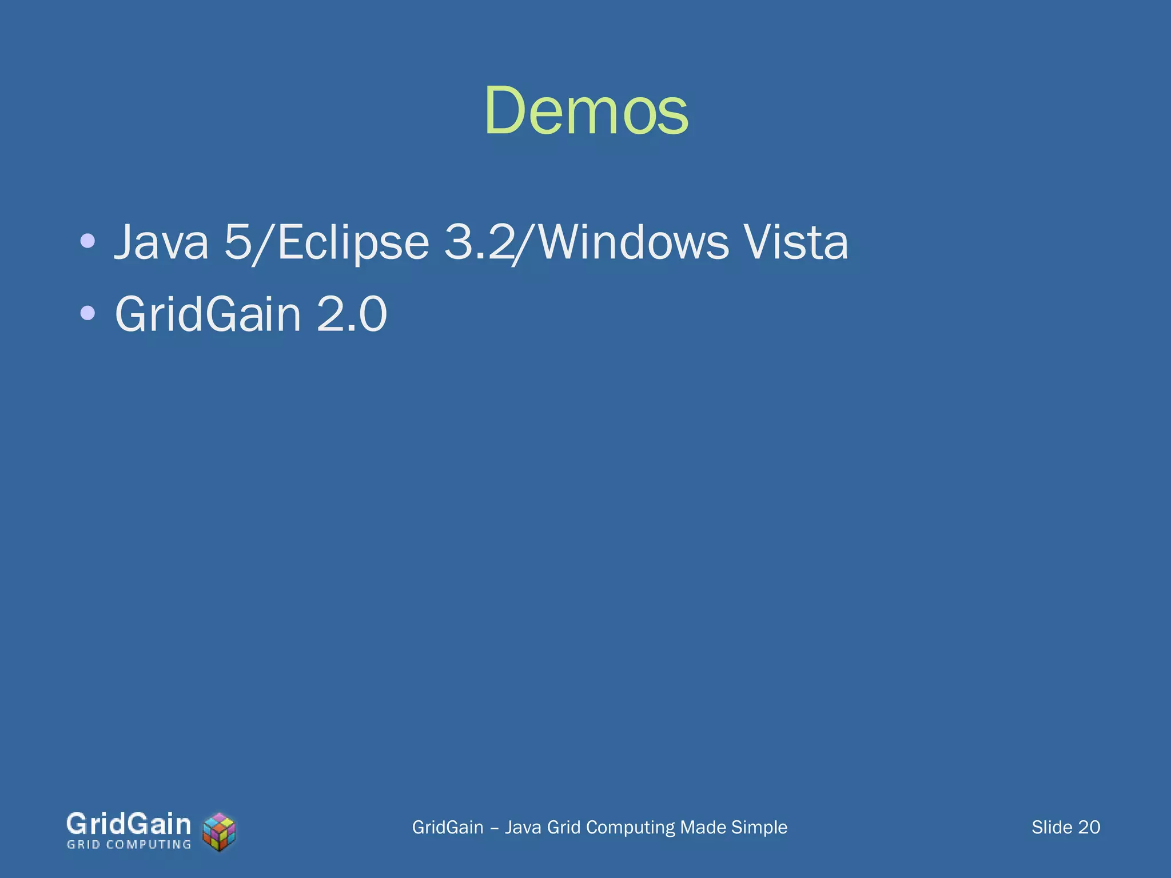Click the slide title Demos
pyautogui.click(x=586, y=111)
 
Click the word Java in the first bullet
pyautogui.click(x=162, y=242)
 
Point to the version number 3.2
pyautogui.click(x=479, y=242)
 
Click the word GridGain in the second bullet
pyautogui.click(x=208, y=314)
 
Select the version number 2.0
pyautogui.click(x=352, y=314)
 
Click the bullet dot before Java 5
pyautogui.click(x=87, y=241)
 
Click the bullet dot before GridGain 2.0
pyautogui.click(x=87, y=313)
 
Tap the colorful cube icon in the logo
pyautogui.click(x=220, y=832)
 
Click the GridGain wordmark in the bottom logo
pyautogui.click(x=129, y=824)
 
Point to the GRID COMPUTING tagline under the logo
pyautogui.click(x=129, y=845)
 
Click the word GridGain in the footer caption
pyautogui.click(x=448, y=827)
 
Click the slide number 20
pyautogui.click(x=1089, y=827)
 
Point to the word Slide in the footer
pyautogui.click(x=1051, y=827)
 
